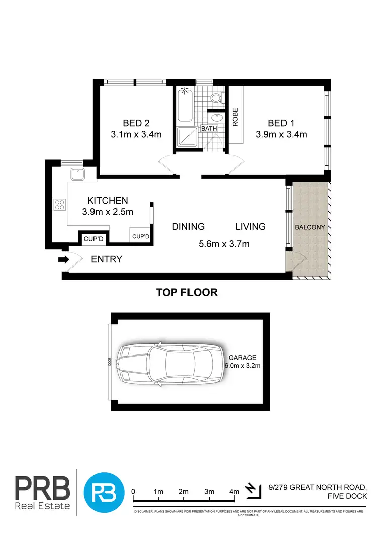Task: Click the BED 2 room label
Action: click(136, 123)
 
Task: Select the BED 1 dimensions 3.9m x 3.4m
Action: click(281, 134)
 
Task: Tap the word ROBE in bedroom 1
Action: click(235, 117)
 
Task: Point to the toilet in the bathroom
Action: click(217, 98)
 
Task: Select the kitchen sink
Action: click(78, 175)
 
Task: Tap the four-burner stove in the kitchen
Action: click(59, 205)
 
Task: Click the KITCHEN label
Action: click(108, 200)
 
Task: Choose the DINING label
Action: click(188, 227)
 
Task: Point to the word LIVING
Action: click(250, 227)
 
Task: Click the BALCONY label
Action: click(310, 227)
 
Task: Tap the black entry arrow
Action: click(63, 260)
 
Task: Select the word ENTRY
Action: click(107, 260)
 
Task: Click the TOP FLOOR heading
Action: click(187, 292)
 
